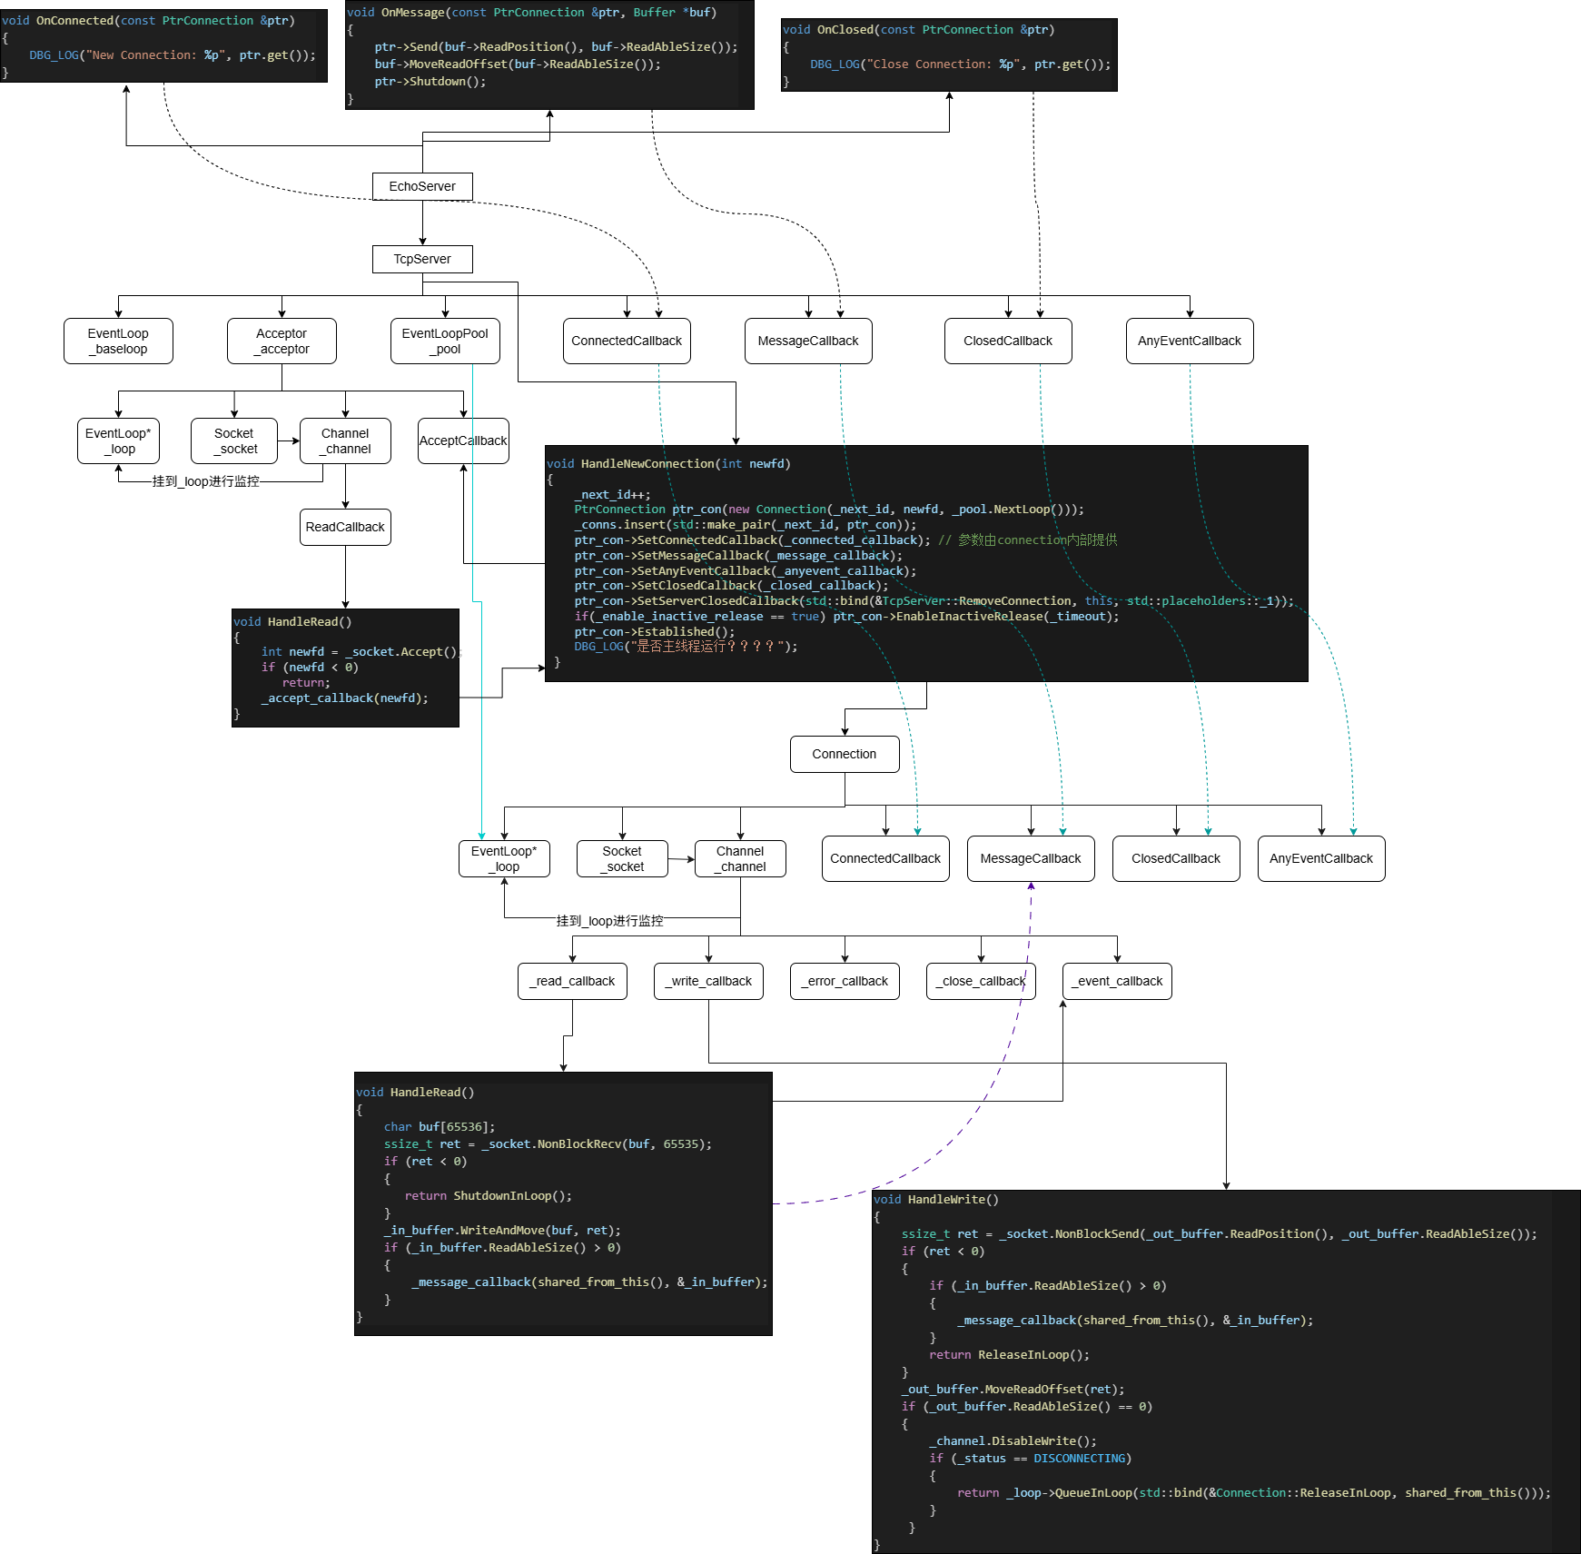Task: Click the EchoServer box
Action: pyautogui.click(x=422, y=186)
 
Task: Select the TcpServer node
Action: pyautogui.click(x=422, y=259)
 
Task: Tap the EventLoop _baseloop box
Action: pyautogui.click(x=118, y=341)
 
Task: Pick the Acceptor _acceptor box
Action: pyautogui.click(x=282, y=341)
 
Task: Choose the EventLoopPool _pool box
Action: pyautogui.click(x=445, y=341)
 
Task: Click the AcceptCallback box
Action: pyautogui.click(x=463, y=440)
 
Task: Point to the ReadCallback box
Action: pyautogui.click(x=345, y=527)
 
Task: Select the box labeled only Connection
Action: pyautogui.click(x=845, y=754)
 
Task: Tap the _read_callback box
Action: pyautogui.click(x=572, y=981)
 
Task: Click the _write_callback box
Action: pyautogui.click(x=708, y=981)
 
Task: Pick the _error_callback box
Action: pyautogui.click(x=845, y=981)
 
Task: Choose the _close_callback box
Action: pyautogui.click(x=981, y=981)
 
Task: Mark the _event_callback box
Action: pyautogui.click(x=1117, y=981)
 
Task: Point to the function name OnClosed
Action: pyautogui.click(x=845, y=30)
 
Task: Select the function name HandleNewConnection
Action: pyautogui.click(x=647, y=463)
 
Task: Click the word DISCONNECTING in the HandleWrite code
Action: pyautogui.click(x=1079, y=1458)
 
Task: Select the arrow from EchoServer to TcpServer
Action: pyautogui.click(x=422, y=223)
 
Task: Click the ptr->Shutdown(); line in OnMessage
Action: pyautogui.click(x=430, y=82)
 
